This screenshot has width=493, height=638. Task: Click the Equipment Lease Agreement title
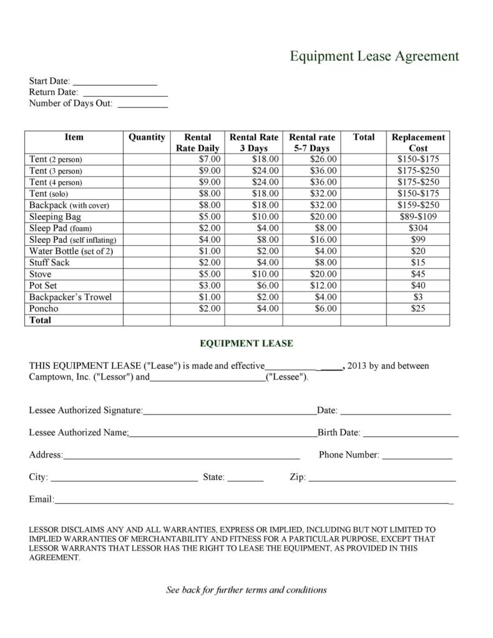pos(374,56)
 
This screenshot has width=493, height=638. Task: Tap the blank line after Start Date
pos(115,82)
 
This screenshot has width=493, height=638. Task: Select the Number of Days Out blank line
pos(142,105)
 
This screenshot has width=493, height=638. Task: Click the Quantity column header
pos(147,137)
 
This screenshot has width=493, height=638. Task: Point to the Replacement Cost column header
pos(417,142)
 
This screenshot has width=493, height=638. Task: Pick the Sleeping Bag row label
pos(55,217)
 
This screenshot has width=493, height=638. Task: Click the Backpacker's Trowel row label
pos(71,297)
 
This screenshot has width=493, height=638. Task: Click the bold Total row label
pos(40,320)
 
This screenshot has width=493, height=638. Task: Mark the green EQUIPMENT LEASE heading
pos(246,343)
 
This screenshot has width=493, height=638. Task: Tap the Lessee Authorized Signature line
pos(230,412)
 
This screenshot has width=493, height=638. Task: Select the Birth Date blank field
pos(411,434)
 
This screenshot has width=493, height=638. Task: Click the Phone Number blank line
pos(416,456)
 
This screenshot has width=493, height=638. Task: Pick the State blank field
pos(245,479)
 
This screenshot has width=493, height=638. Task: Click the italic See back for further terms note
pos(246,590)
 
